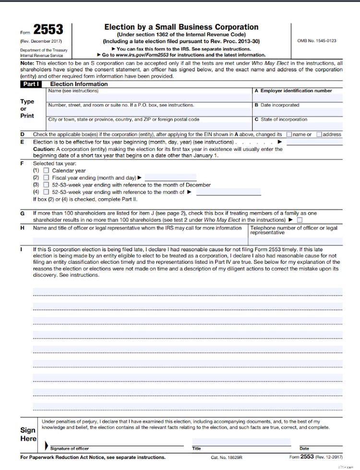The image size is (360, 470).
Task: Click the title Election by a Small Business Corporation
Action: tap(181, 27)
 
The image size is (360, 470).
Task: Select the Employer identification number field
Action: tap(298, 97)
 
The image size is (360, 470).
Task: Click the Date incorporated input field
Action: tap(298, 112)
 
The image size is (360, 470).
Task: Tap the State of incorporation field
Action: tap(298, 126)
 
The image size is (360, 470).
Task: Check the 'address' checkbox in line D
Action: tap(319, 134)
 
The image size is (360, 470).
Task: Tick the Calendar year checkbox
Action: tap(46, 170)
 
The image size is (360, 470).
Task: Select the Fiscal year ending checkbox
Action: tap(46, 178)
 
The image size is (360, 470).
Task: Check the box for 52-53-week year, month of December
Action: tap(46, 185)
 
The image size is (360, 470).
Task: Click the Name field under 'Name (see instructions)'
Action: tap(149, 97)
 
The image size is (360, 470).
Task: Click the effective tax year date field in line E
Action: tap(314, 142)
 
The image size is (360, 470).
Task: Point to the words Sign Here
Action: tap(28, 434)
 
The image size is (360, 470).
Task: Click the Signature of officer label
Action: tap(70, 448)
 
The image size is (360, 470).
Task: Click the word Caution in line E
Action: tap(43, 149)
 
